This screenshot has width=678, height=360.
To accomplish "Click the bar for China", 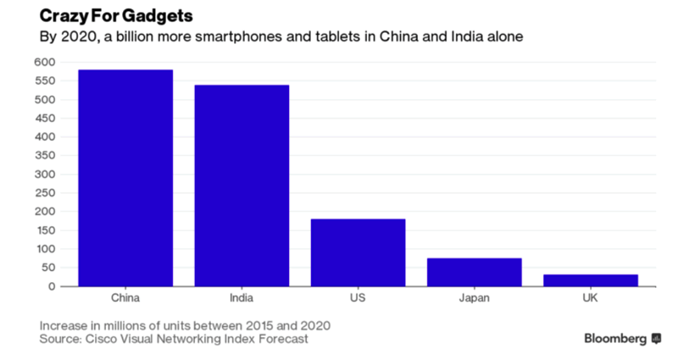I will (x=125, y=178).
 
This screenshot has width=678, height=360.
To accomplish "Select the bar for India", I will (x=242, y=186).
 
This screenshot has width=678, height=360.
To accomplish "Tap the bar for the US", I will (x=358, y=252).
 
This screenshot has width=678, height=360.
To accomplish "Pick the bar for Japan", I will (x=474, y=272).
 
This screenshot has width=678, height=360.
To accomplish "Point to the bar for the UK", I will (x=590, y=280).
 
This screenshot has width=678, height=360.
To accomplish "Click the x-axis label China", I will (x=125, y=298).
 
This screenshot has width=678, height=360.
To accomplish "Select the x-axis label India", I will (x=242, y=298).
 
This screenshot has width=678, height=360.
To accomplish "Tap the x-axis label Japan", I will (x=474, y=298).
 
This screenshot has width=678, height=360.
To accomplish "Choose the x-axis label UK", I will (x=590, y=298).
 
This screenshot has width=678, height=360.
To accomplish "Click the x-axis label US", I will (x=358, y=298).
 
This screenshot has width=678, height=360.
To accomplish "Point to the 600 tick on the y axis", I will (x=44, y=62).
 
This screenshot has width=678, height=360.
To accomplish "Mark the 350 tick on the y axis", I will (x=44, y=156).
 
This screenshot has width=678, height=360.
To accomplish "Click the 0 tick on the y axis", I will (x=51, y=286).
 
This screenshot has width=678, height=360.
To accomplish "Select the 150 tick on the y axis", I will (x=44, y=230).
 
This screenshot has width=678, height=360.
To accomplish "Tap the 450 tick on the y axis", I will (x=44, y=119).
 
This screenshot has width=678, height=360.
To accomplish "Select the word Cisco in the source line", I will (x=109, y=340).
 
